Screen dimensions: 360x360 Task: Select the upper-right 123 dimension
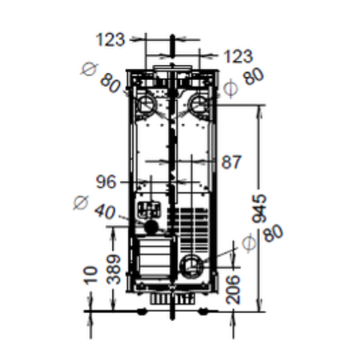[237, 55]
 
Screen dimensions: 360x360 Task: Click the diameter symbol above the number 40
[82, 202]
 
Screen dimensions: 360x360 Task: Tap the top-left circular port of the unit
[146, 103]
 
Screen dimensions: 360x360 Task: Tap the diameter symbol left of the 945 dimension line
[249, 243]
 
